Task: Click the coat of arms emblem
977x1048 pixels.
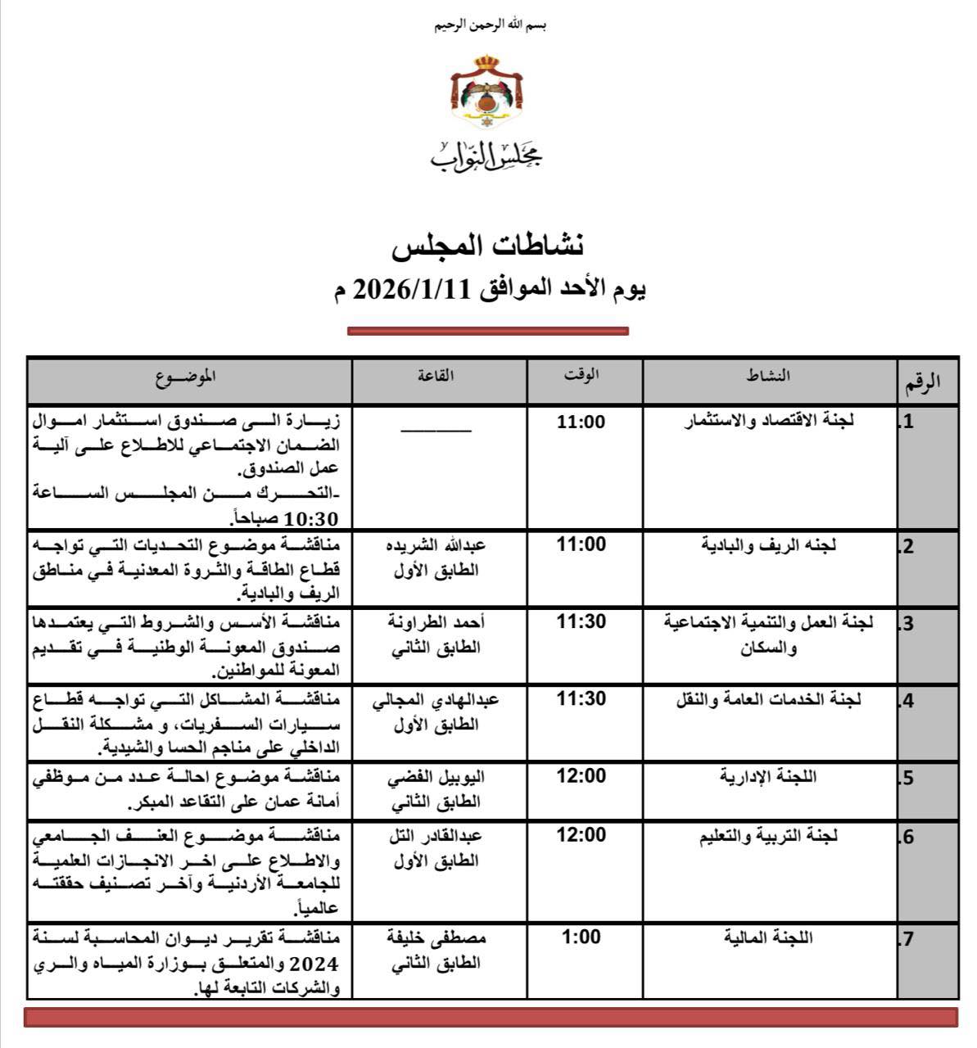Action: pyautogui.click(x=486, y=92)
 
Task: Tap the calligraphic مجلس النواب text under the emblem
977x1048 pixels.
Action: pyautogui.click(x=487, y=155)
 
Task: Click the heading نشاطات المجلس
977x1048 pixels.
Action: pyautogui.click(x=488, y=245)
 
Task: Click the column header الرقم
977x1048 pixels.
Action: pyautogui.click(x=922, y=382)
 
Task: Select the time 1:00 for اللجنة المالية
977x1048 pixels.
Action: pyautogui.click(x=581, y=937)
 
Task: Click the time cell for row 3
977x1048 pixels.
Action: pyautogui.click(x=581, y=622)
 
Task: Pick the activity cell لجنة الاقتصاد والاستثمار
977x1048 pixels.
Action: pyautogui.click(x=769, y=422)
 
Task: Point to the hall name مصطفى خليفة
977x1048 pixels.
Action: pyautogui.click(x=436, y=938)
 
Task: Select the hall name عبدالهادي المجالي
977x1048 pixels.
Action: pyautogui.click(x=436, y=701)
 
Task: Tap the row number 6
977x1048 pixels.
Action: pyautogui.click(x=907, y=838)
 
